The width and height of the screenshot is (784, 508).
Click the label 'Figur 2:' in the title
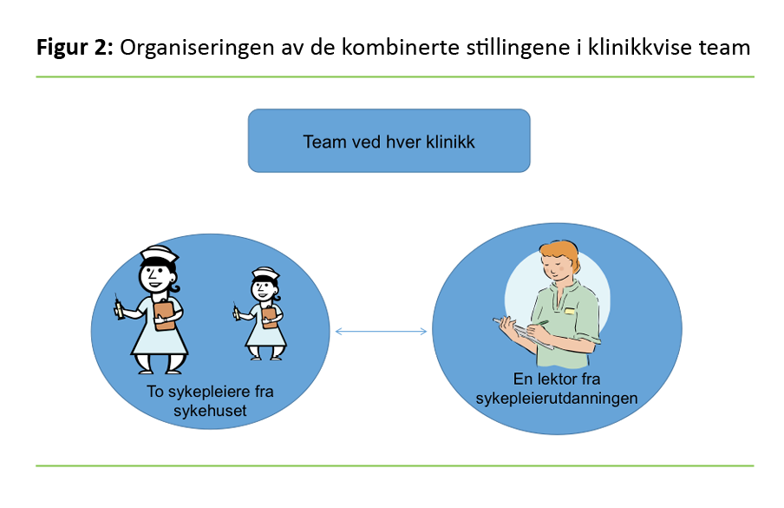pyautogui.click(x=75, y=48)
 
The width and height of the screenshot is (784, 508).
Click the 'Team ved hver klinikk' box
pyautogui.click(x=389, y=141)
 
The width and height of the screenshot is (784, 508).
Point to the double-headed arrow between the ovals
pyautogui.click(x=382, y=331)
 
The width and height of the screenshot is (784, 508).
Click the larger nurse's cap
pyautogui.click(x=160, y=255)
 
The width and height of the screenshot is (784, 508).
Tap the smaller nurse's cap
pyautogui.click(x=265, y=275)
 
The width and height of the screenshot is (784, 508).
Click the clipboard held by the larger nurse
pyautogui.click(x=164, y=313)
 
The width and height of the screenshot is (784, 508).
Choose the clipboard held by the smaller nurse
pyautogui.click(x=270, y=313)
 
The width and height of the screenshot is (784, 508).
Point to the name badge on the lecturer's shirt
pyautogui.click(x=570, y=310)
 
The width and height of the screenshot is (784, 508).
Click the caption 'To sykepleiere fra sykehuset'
pyautogui.click(x=210, y=400)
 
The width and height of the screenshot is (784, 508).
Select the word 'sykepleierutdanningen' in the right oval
pyautogui.click(x=557, y=398)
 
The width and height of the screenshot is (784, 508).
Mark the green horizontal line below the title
pyautogui.click(x=395, y=76)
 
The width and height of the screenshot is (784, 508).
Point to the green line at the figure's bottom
pyautogui.click(x=395, y=465)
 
